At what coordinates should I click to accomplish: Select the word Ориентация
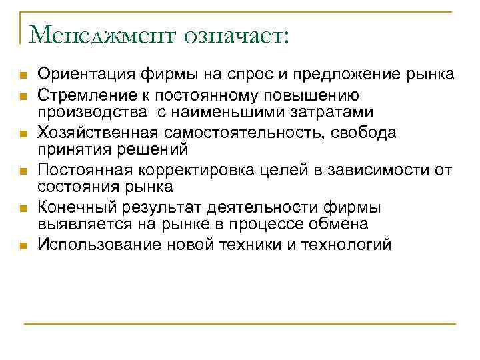(81, 73)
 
